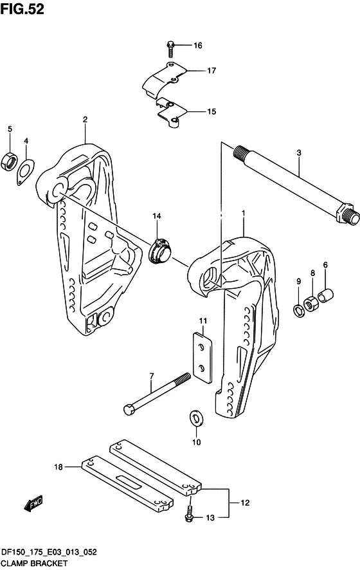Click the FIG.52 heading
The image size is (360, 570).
click(x=22, y=10)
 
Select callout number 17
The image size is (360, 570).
click(x=212, y=71)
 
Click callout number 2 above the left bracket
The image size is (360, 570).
click(x=85, y=119)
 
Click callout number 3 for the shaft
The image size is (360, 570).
click(x=299, y=152)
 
